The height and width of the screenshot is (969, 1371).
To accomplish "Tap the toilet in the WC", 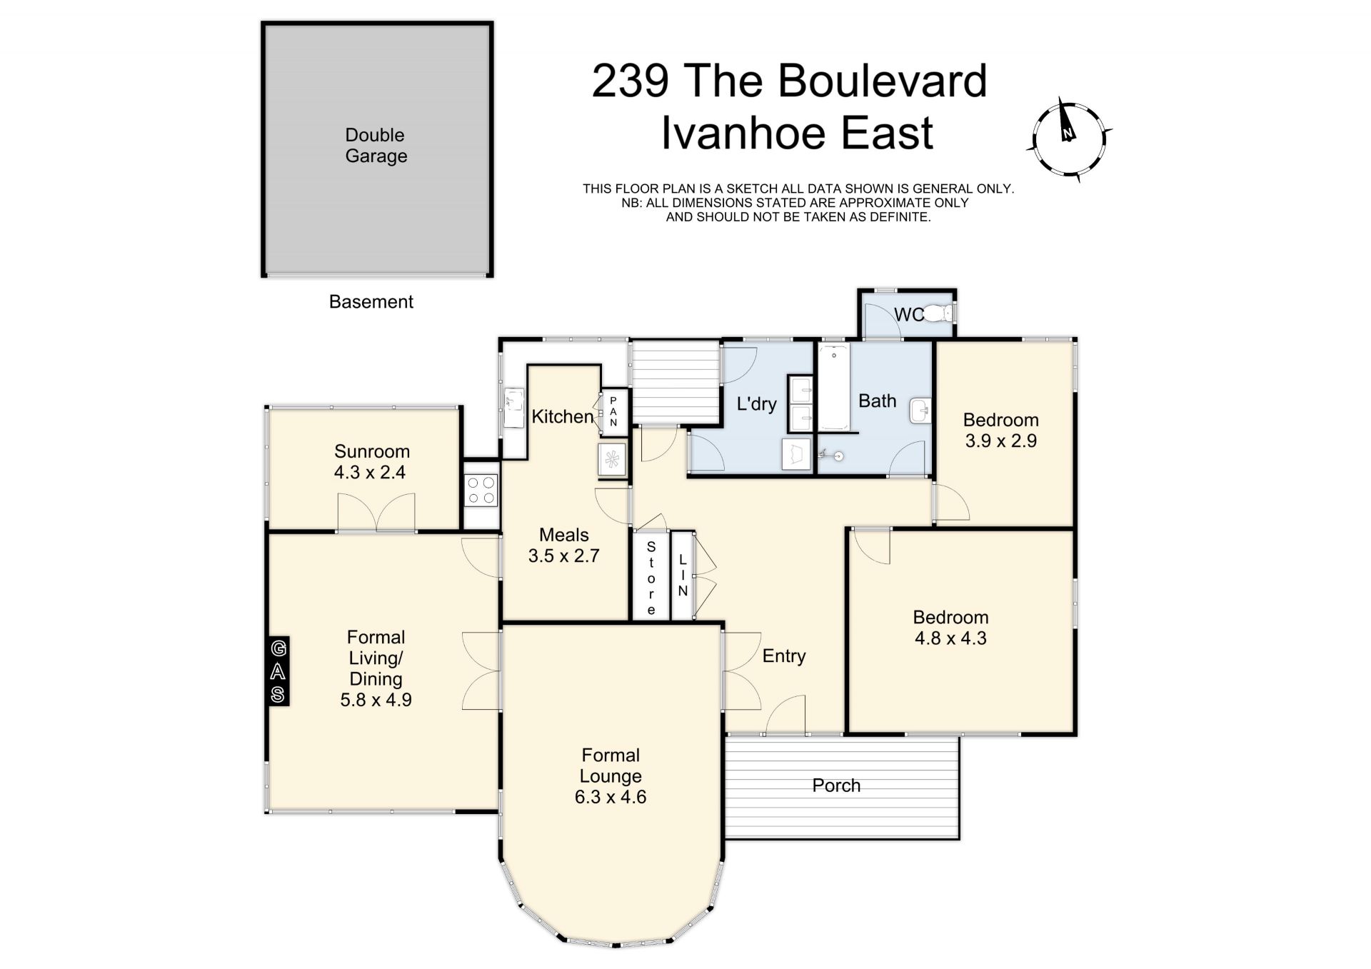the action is tap(938, 313).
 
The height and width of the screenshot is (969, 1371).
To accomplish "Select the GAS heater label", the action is tap(278, 671).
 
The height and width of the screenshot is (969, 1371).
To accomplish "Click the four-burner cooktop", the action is tap(481, 491).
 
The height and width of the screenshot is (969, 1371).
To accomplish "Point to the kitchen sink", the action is tap(513, 408).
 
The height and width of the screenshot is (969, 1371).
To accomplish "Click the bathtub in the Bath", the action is tap(833, 388).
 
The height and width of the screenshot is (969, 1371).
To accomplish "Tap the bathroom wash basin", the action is tap(920, 411).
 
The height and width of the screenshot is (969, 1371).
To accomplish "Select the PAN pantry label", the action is tap(613, 412).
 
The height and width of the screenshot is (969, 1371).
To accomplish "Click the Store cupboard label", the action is tap(651, 578).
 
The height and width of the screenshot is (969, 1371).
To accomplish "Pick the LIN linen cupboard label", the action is tap(683, 576).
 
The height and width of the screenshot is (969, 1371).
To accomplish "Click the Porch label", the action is tap(836, 785).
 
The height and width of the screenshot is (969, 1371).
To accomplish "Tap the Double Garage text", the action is tap(376, 146).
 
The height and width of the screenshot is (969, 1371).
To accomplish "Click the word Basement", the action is tap(371, 301).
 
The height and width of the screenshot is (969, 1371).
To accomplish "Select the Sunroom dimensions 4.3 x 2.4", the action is tap(370, 472).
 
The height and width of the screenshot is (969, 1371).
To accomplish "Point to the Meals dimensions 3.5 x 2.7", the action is tap(564, 556).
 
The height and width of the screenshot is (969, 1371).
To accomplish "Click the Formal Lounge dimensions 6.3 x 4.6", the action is tap(611, 797).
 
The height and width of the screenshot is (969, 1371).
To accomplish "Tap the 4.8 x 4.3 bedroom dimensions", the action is tap(950, 638).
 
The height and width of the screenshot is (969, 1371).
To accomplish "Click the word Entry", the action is tap(784, 656).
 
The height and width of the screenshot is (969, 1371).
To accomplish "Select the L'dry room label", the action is tap(756, 404).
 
